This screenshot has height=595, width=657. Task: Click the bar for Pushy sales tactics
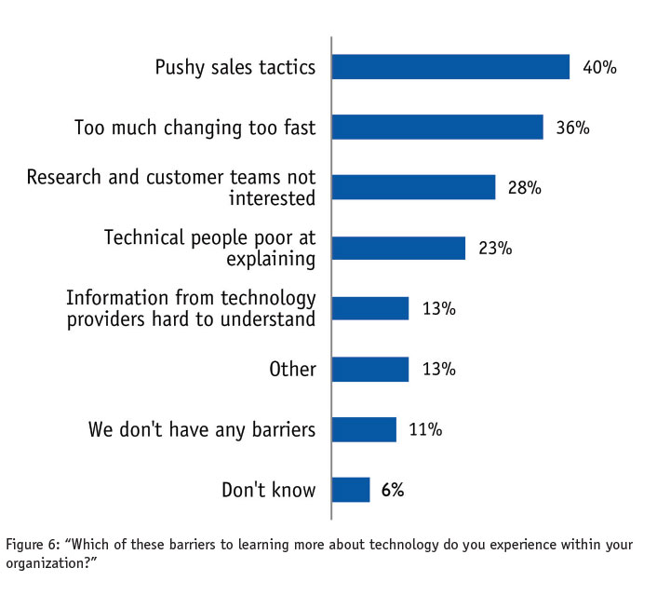pyautogui.click(x=450, y=67)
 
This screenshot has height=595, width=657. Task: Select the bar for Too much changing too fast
pyautogui.click(x=437, y=128)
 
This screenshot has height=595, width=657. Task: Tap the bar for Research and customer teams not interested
pyautogui.click(x=413, y=187)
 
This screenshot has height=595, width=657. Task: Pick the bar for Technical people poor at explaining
pyautogui.click(x=398, y=248)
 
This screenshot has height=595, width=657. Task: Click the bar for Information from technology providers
pyautogui.click(x=370, y=308)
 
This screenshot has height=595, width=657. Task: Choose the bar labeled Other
pyautogui.click(x=370, y=369)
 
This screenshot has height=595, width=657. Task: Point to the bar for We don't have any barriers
pyautogui.click(x=364, y=429)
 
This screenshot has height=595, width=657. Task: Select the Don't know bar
pyautogui.click(x=351, y=490)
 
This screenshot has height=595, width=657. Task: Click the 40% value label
pyautogui.click(x=599, y=67)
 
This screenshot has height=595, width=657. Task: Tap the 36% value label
pyautogui.click(x=572, y=128)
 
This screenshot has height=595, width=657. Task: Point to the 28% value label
pyautogui.click(x=525, y=187)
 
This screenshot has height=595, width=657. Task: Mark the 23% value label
pyautogui.click(x=495, y=248)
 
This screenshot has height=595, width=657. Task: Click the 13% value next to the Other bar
pyautogui.click(x=438, y=369)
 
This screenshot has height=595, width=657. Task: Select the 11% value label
pyautogui.click(x=425, y=429)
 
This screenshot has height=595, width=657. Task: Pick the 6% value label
pyautogui.click(x=393, y=490)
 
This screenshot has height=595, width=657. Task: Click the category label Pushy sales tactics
pyautogui.click(x=235, y=67)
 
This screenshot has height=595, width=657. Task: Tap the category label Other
pyautogui.click(x=293, y=369)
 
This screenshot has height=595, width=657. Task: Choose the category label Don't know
pyautogui.click(x=269, y=490)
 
